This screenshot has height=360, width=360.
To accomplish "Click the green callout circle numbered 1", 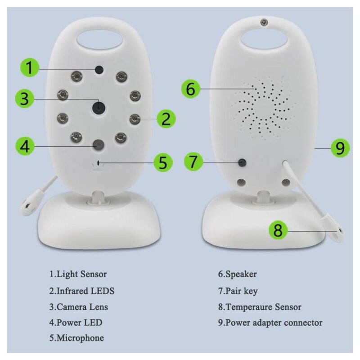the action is (30, 67).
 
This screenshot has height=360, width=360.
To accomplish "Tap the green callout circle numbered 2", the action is (166, 119).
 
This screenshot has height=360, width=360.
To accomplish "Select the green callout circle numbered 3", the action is (25, 99).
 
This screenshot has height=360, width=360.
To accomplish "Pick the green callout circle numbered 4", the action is (25, 146).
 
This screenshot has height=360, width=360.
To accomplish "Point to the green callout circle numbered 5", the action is (163, 162).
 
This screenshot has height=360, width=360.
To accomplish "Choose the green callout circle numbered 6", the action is (191, 89).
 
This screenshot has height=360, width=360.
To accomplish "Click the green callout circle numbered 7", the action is (193, 162).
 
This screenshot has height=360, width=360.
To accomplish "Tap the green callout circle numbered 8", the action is (278, 230).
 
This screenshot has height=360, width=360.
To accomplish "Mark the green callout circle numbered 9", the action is (340, 148).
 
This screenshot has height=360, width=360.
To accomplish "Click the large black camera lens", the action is (99, 108).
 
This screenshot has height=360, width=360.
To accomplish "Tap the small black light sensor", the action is (99, 70).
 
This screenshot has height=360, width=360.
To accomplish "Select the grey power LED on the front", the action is (99, 145).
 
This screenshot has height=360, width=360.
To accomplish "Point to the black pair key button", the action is (242, 163).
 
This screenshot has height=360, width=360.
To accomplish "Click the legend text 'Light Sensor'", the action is (81, 274).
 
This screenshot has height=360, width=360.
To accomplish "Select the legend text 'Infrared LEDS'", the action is (85, 291).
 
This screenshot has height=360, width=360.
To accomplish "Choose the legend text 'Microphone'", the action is (80, 338).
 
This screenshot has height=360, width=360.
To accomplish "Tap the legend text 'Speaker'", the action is (241, 274).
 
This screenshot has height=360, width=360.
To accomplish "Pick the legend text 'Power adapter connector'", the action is (274, 323).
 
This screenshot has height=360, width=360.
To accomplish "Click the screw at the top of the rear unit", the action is (264, 22).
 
